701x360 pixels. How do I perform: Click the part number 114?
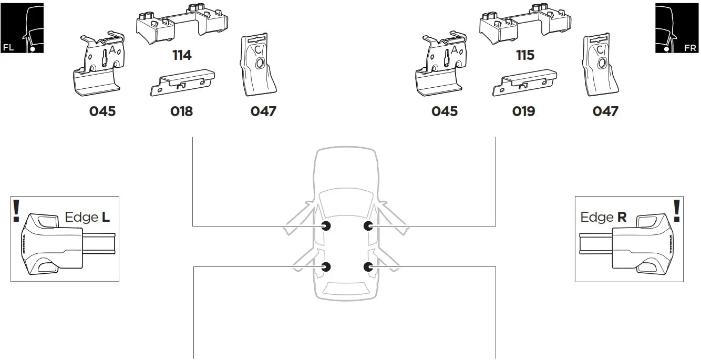(x=182, y=55)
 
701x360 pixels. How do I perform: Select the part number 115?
(x=524, y=55)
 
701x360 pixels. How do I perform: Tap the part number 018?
(x=181, y=111)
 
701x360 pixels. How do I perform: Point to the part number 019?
(x=523, y=111)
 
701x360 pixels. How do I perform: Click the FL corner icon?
(x=22, y=28)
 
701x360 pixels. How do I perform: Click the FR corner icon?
(x=677, y=28)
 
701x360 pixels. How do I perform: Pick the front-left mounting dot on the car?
(x=326, y=226)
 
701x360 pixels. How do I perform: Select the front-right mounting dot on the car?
(x=368, y=226)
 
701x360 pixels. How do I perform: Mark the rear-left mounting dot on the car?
(x=326, y=267)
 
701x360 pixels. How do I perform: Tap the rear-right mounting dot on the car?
(x=368, y=267)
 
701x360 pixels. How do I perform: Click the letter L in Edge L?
(x=106, y=217)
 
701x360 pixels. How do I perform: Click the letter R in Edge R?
(x=622, y=217)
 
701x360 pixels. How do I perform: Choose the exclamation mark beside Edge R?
(x=677, y=210)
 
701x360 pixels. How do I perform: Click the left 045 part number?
(x=102, y=111)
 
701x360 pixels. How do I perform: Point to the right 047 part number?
(x=605, y=111)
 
